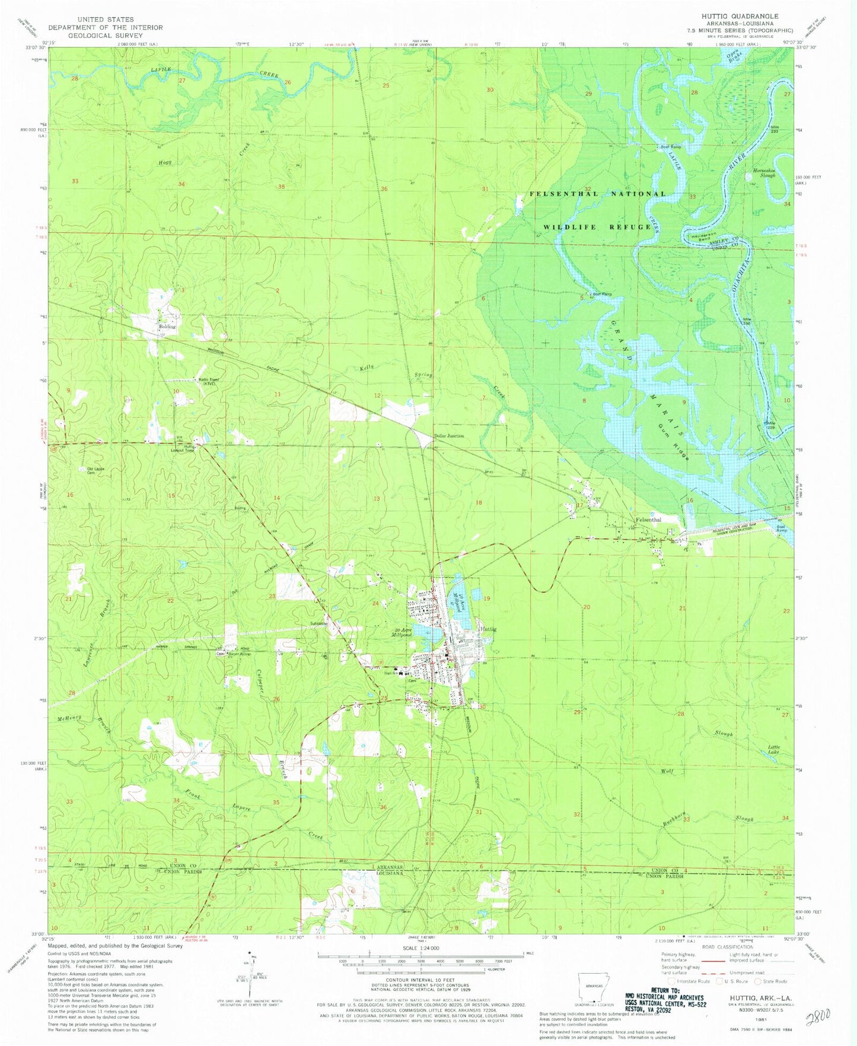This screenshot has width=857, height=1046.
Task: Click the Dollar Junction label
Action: [x=449, y=436]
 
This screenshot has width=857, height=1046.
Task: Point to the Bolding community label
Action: [x=167, y=327]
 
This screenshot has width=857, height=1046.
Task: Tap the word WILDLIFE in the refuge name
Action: [x=570, y=227]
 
